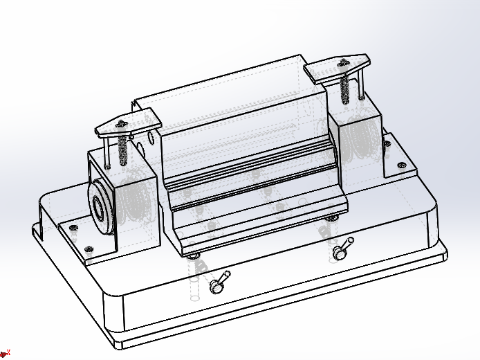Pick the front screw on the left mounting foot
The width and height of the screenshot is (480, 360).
(x=88, y=249)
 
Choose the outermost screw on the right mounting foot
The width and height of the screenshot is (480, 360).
(x=400, y=165)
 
